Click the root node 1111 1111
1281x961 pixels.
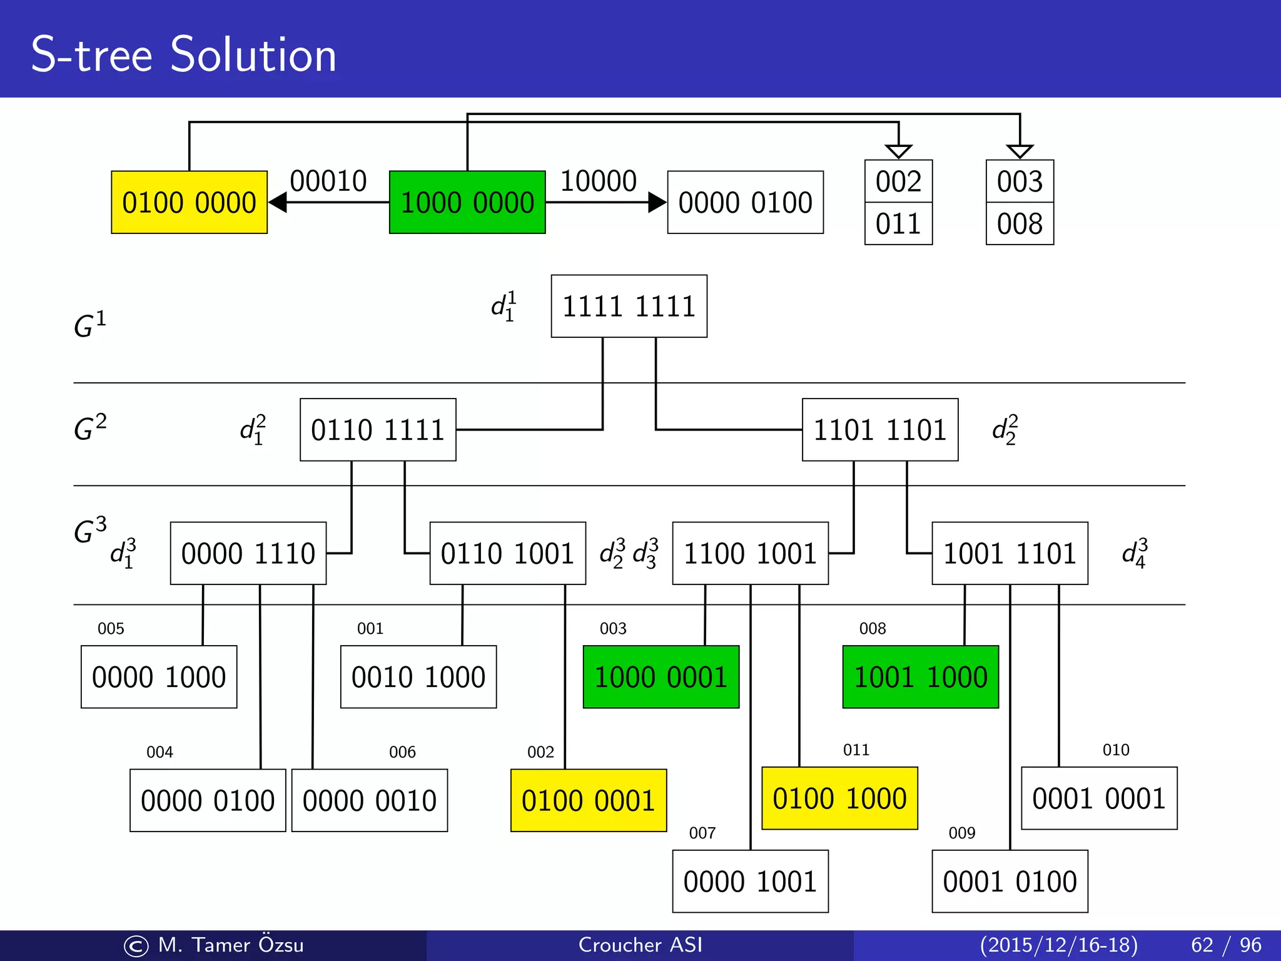click(x=629, y=306)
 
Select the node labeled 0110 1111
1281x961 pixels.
click(x=378, y=430)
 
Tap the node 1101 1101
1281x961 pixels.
click(x=880, y=430)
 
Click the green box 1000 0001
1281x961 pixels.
click(x=661, y=677)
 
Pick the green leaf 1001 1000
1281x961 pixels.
click(x=920, y=677)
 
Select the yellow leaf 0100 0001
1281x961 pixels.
click(x=589, y=800)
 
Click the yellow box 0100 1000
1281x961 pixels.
click(x=839, y=798)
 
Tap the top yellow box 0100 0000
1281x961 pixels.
click(x=189, y=202)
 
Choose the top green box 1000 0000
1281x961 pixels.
click(x=467, y=202)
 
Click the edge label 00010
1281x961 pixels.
click(x=328, y=181)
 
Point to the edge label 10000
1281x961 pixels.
click(x=598, y=181)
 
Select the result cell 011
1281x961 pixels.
click(x=898, y=223)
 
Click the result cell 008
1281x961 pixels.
click(x=1020, y=223)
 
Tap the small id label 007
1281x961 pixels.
click(x=702, y=833)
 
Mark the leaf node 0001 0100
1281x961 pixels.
click(x=1010, y=881)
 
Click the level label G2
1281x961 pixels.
click(x=90, y=429)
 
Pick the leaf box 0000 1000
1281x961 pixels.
click(x=159, y=677)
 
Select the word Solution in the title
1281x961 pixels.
click(x=253, y=55)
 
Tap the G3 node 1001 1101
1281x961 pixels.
click(x=1010, y=553)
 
